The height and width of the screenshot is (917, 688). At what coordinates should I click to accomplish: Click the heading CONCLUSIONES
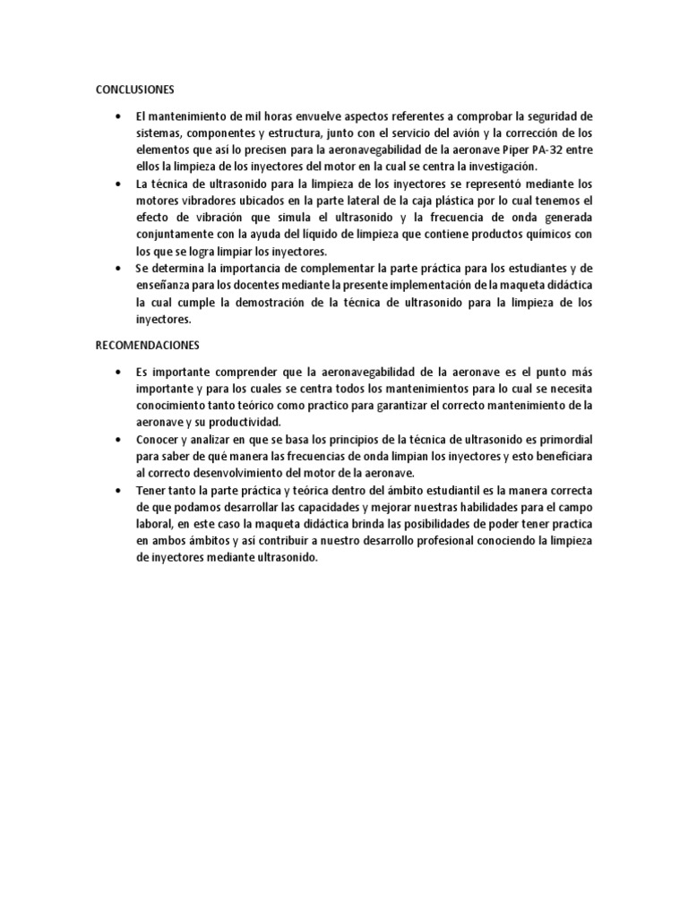coord(134,90)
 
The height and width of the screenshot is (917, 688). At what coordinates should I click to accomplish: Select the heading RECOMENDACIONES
coord(148,344)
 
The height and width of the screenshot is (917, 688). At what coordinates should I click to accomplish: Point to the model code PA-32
coord(552,150)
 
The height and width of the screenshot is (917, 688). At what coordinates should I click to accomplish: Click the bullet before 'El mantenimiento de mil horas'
coord(118,116)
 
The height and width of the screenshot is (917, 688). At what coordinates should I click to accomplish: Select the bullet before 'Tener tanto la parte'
coord(118,491)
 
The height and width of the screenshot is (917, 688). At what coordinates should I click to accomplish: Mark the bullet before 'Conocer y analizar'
coord(118,440)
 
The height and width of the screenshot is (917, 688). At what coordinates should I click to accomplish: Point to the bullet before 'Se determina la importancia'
coord(118,269)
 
